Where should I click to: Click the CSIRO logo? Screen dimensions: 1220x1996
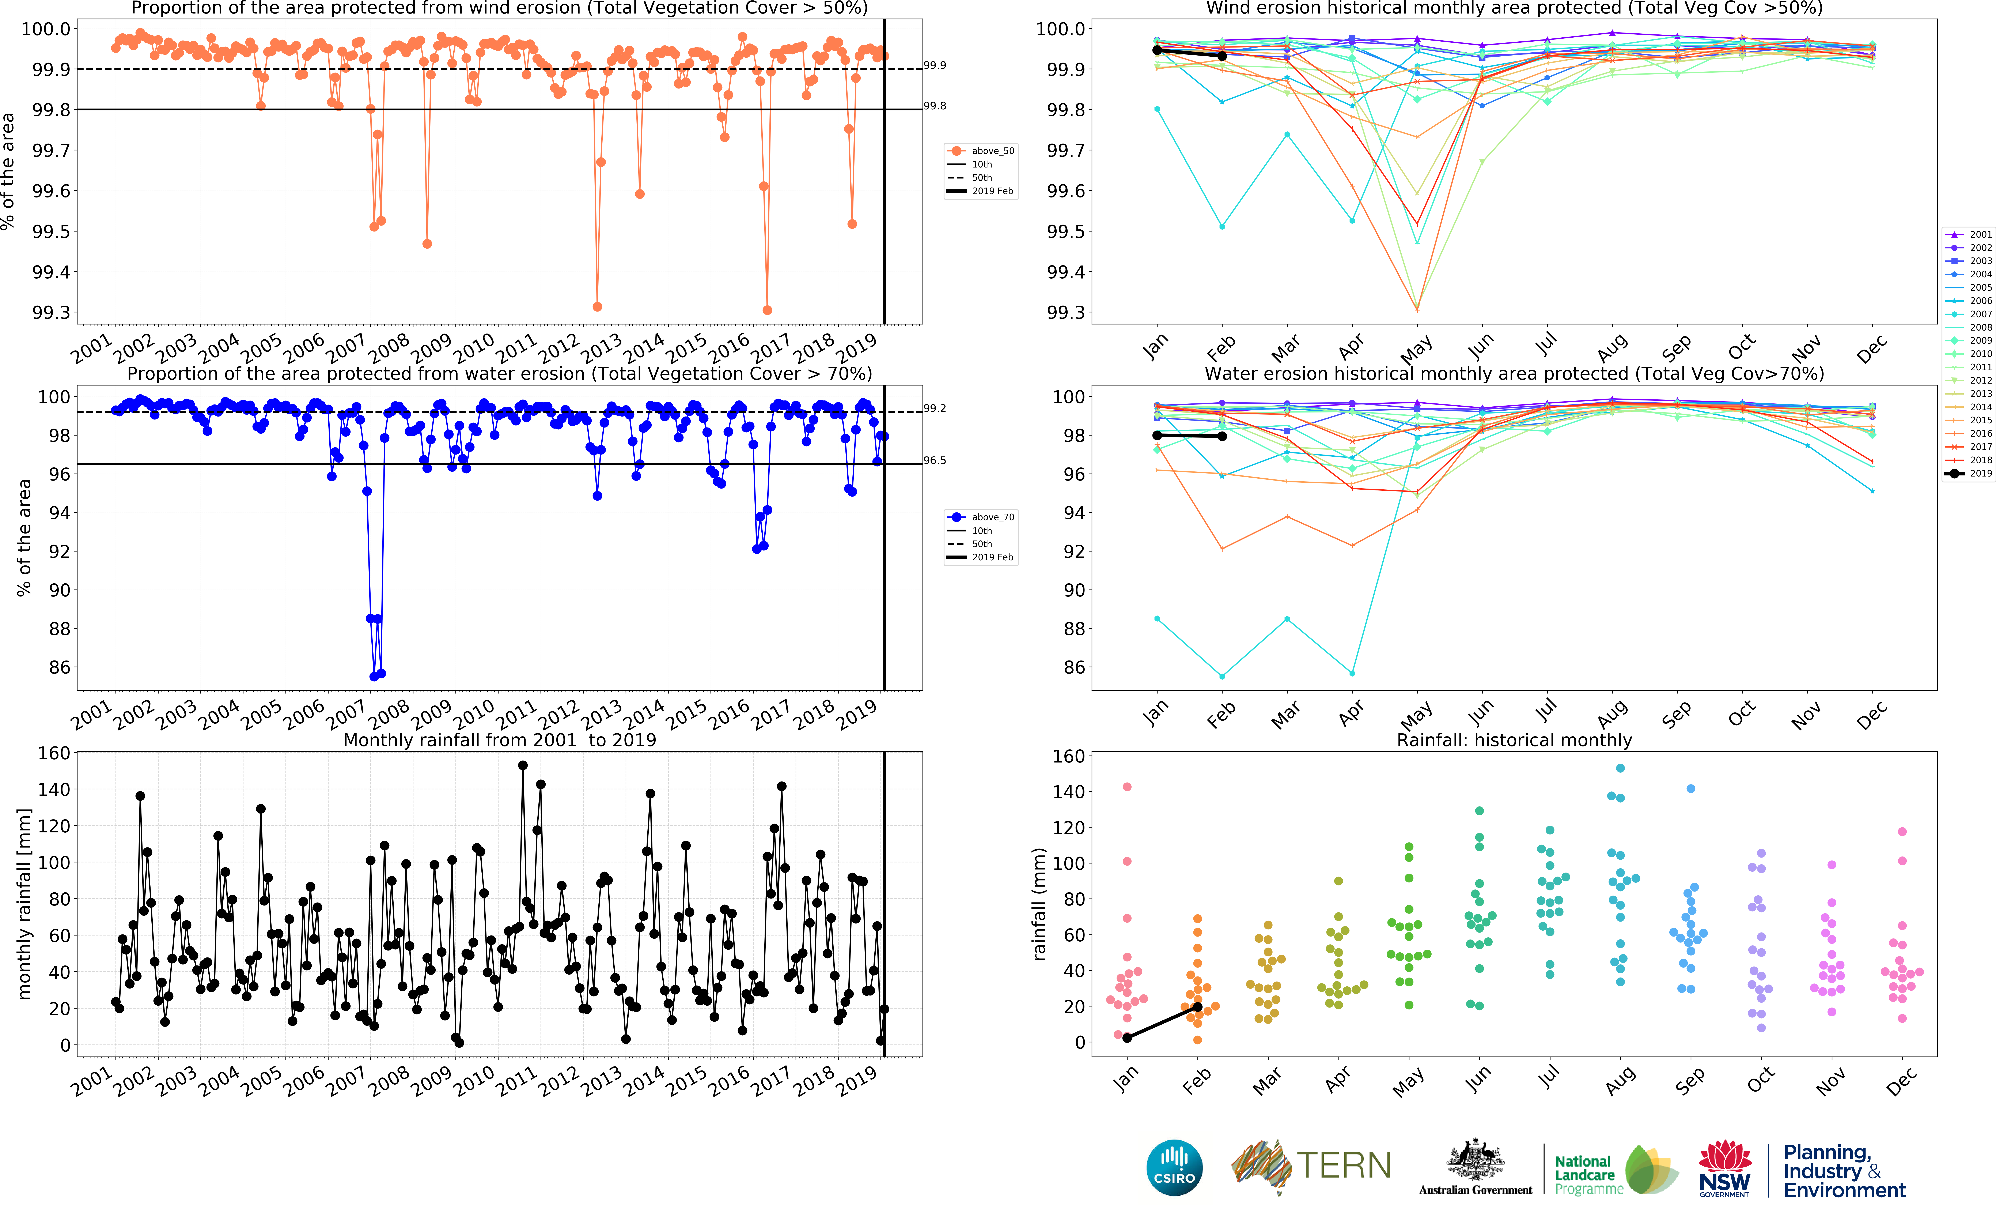click(1174, 1167)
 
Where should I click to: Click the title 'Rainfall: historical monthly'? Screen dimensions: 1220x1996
click(1514, 740)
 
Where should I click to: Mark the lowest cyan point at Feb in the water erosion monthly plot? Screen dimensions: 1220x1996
click(1222, 676)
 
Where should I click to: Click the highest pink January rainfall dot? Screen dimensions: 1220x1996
click(1127, 787)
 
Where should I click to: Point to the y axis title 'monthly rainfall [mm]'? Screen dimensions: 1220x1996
click(24, 903)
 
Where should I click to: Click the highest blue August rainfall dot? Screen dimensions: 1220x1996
click(1620, 768)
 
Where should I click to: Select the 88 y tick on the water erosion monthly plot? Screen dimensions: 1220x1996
click(1074, 629)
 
